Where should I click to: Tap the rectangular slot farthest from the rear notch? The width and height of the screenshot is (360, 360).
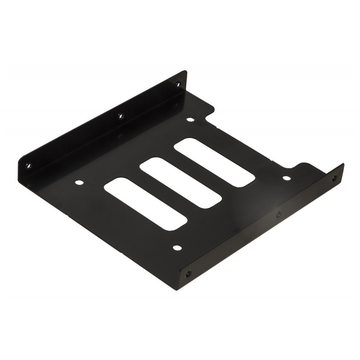(x=145, y=204)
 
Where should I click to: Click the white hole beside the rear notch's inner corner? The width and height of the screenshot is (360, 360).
(x=190, y=120)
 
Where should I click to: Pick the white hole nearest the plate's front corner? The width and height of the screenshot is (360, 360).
(x=177, y=248)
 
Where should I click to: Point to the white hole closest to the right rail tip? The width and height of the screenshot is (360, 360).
(x=286, y=178)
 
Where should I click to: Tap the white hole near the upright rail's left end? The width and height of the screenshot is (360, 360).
(x=79, y=183)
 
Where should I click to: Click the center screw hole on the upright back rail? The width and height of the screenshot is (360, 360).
(x=121, y=116)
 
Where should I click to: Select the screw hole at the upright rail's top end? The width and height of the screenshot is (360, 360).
(x=177, y=84)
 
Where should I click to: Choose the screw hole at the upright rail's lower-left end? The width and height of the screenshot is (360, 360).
(x=28, y=166)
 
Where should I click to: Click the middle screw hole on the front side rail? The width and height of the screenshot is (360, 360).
(x=279, y=215)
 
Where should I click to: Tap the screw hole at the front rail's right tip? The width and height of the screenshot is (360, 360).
(x=334, y=179)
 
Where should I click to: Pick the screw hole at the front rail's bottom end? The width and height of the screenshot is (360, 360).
(x=188, y=273)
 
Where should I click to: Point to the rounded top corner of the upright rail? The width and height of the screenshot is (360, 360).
(x=184, y=72)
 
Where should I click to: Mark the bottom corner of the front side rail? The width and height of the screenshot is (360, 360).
(x=179, y=288)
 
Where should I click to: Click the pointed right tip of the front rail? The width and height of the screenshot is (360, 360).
(x=343, y=165)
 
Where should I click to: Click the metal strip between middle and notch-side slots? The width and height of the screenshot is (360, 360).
(x=198, y=173)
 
